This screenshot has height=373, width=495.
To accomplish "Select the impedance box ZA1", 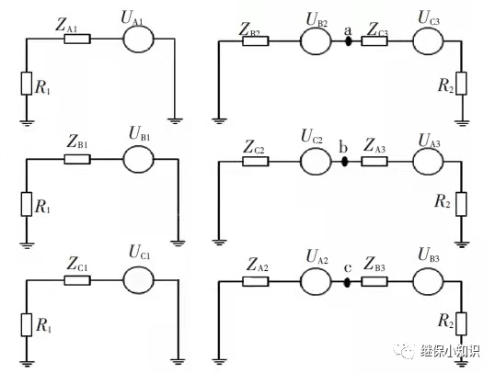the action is point(77,39).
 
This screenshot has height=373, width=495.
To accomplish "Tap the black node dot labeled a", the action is point(348,41).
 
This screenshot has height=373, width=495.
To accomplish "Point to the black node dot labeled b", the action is point(344,162).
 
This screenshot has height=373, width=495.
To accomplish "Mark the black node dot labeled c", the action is point(347,282).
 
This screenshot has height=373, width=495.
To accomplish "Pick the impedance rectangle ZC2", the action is point(256,162).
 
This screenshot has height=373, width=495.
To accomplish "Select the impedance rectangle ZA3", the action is point(374,162).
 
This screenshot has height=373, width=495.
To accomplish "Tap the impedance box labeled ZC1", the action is point(77,280).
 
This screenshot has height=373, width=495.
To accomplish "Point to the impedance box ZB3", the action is point(374,281).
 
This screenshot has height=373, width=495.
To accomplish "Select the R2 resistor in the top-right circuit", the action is point(461,84).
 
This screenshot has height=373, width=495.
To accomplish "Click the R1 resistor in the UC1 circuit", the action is point(27,325).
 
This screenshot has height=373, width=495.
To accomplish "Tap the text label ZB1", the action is point(77,142).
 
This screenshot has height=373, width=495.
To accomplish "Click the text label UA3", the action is point(429,141).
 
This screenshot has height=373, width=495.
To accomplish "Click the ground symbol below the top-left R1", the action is point(27,123).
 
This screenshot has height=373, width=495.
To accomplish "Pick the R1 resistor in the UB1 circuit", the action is point(27,204).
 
